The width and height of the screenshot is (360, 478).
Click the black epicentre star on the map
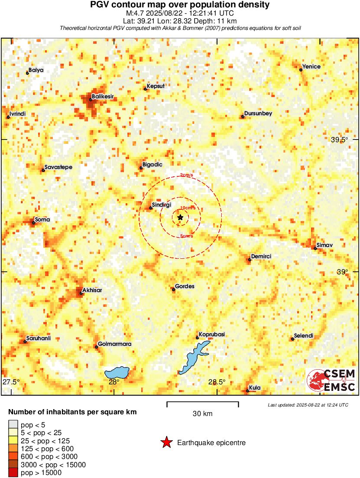[x=180, y=218]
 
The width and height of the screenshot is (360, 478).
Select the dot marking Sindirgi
[x=151, y=208]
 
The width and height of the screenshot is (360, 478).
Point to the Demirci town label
[x=261, y=257]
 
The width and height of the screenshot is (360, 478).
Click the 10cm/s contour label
[x=188, y=208]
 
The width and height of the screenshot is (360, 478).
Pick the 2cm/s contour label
[x=187, y=175]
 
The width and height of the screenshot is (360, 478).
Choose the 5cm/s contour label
[x=187, y=236]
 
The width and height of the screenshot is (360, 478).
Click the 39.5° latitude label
[x=339, y=140]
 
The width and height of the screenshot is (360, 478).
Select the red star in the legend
[x=166, y=442]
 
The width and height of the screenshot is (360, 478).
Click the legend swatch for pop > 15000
[x=13, y=473]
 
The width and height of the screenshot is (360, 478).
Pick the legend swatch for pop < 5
[x=13, y=425]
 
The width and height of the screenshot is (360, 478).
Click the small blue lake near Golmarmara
[x=117, y=372]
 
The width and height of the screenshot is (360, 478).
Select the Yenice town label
[x=311, y=66]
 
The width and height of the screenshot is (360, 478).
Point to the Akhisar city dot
[x=81, y=293]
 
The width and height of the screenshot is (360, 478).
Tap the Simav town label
[x=324, y=245]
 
